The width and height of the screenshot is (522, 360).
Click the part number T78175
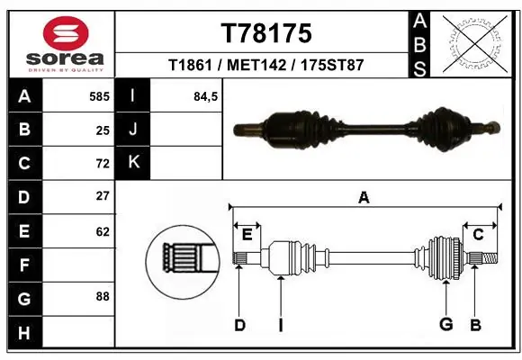tap(266, 33)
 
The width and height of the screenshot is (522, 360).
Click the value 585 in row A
tap(99, 95)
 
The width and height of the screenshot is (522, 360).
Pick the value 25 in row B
tap(103, 130)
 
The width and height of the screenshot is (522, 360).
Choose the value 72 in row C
tap(103, 163)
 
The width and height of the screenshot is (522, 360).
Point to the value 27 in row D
tap(103, 196)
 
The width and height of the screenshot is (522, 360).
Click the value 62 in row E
tap(103, 231)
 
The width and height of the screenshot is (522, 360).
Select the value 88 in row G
tap(103, 295)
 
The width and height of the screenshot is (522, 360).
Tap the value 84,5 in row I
tap(206, 95)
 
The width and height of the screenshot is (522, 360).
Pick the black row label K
tap(132, 163)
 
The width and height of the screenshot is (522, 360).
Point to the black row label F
tap(23, 265)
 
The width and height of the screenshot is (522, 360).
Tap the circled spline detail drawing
tap(184, 261)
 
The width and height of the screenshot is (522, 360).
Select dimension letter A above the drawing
tap(364, 197)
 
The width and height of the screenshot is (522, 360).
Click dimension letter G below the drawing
tap(445, 324)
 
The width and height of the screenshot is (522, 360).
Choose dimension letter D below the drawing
tap(239, 325)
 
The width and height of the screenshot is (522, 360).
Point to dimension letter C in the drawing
tap(478, 235)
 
